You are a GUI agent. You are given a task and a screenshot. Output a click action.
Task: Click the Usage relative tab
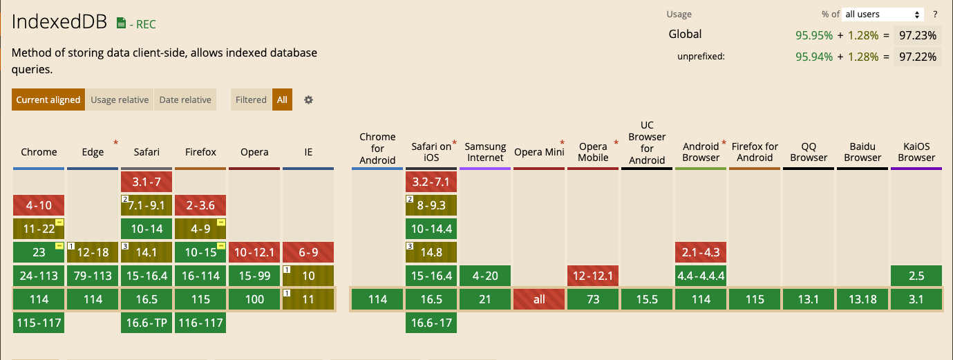120,100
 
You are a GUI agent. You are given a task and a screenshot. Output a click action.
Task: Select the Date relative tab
185,100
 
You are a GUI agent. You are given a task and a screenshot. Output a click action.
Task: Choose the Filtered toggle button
251,100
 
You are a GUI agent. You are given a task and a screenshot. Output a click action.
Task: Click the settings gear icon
308,100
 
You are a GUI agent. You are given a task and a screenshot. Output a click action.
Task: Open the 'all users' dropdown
883,14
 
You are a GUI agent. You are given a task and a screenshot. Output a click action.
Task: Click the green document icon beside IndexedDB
121,23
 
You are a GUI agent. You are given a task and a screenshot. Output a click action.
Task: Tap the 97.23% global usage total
918,35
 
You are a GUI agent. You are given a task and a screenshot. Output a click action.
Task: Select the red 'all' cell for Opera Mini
539,299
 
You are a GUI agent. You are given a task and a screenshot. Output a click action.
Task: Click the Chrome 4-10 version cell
39,205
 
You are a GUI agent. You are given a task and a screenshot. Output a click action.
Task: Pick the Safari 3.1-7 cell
147,182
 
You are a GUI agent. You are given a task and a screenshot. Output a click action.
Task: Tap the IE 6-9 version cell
308,252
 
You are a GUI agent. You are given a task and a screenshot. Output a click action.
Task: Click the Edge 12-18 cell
93,252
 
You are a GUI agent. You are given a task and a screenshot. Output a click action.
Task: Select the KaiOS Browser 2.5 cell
916,276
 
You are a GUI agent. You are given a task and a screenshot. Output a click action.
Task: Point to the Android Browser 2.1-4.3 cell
701,252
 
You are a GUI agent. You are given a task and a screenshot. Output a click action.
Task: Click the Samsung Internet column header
485,152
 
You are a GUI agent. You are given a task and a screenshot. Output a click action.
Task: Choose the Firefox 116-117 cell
200,323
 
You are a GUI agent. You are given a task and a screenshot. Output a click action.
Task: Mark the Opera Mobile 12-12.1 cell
593,276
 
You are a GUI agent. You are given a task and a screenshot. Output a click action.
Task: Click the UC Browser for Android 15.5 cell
647,299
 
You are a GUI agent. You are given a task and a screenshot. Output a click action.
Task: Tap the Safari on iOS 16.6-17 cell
431,323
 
